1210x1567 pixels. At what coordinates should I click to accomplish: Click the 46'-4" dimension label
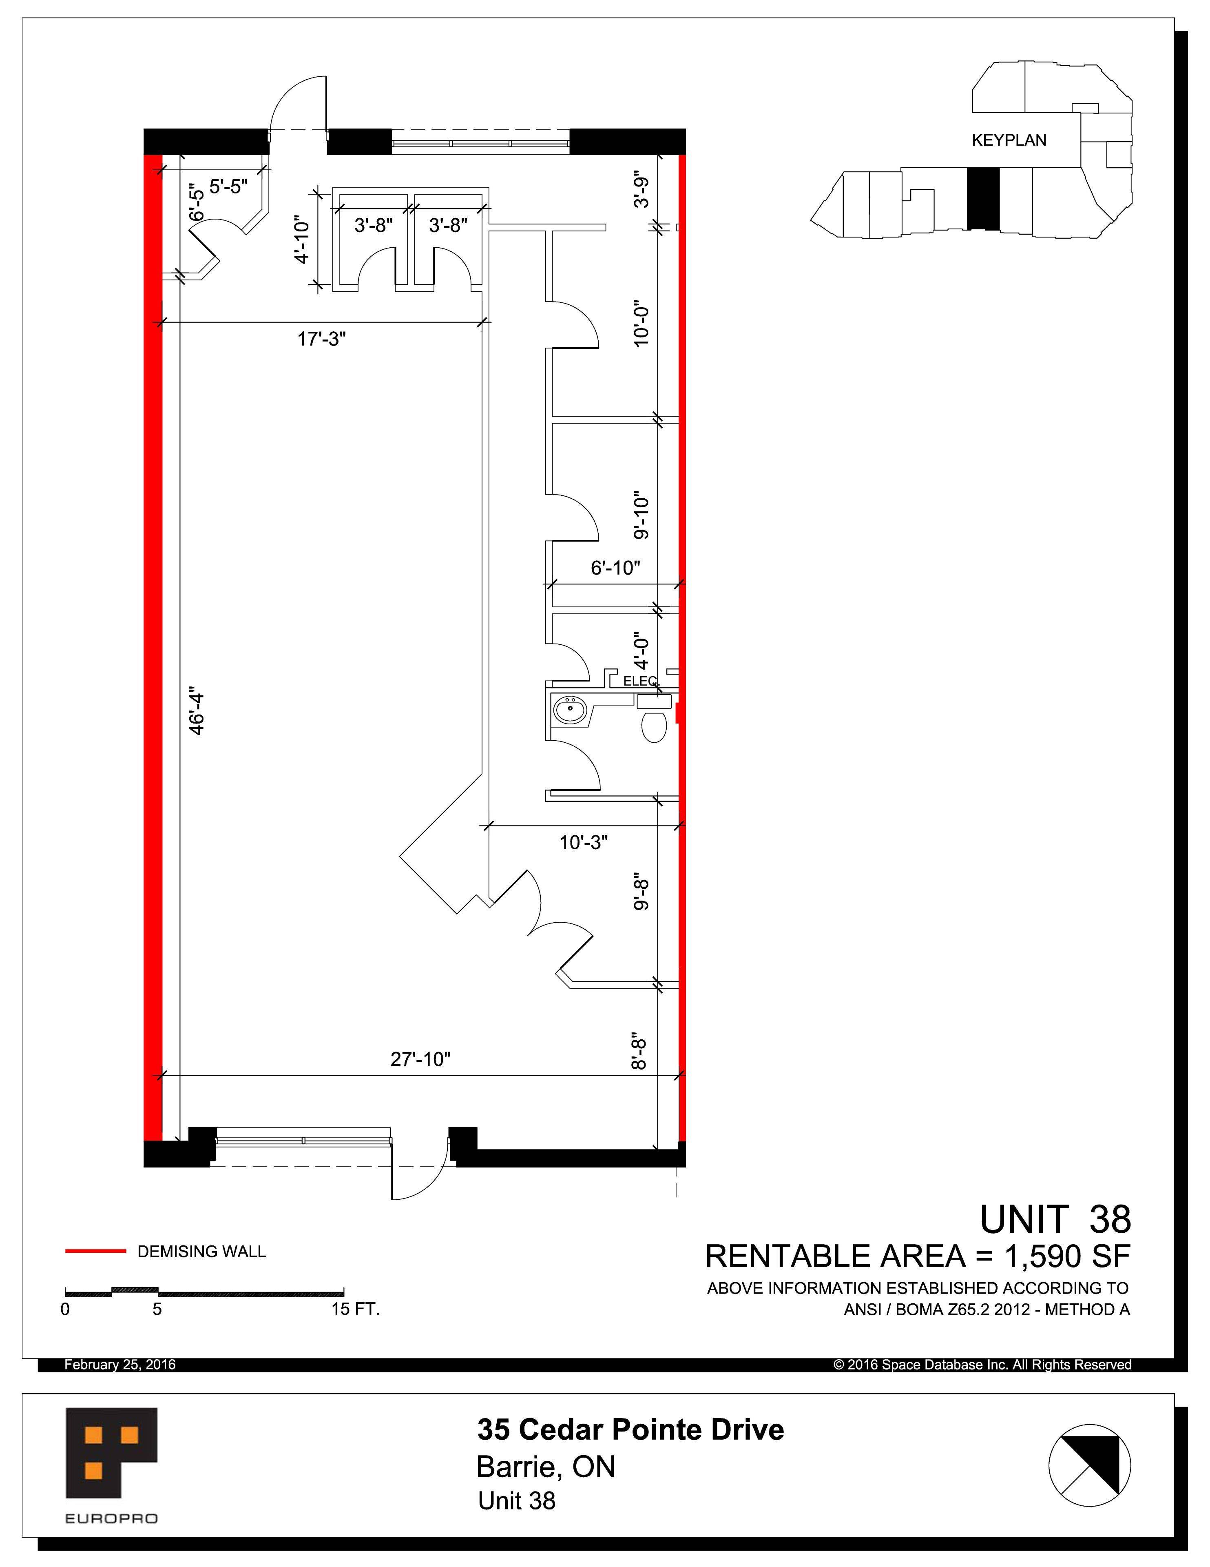[x=197, y=712]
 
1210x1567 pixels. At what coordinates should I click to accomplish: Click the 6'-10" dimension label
[x=615, y=568]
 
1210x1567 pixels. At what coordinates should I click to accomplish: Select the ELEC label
[x=639, y=681]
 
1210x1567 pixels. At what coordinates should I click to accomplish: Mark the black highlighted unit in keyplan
[x=982, y=199]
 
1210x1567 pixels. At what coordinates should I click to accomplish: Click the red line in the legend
[x=95, y=1251]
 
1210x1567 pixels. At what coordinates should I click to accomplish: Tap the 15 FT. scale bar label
[x=355, y=1309]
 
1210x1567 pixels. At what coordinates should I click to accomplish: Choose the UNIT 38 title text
[x=1055, y=1219]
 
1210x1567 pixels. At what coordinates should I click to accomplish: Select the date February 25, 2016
[x=120, y=1365]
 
